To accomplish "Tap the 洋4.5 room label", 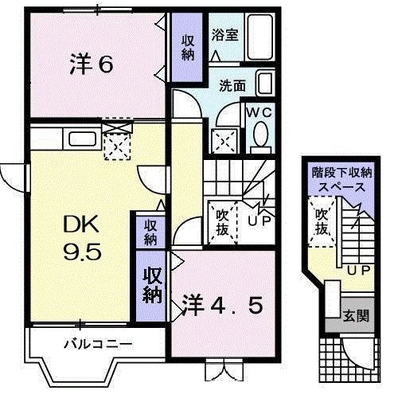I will (x=223, y=305).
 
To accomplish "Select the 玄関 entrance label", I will (x=357, y=315).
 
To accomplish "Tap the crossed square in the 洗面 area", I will (x=223, y=142).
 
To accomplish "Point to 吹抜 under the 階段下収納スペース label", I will (x=321, y=221).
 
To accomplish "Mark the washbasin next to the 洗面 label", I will (x=265, y=84).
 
